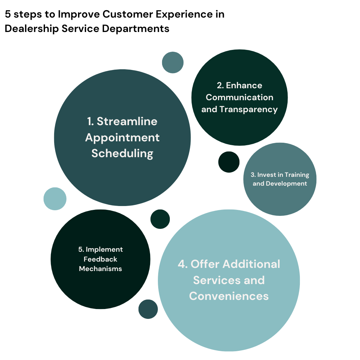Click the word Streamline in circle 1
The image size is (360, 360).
tap(127, 121)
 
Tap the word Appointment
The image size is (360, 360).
tap(122, 138)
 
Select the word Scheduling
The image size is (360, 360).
tap(122, 153)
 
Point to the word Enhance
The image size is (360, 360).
tap(244, 85)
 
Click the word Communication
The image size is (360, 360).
tap(239, 97)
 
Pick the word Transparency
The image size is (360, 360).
tap(249, 110)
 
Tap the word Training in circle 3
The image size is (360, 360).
tap(297, 175)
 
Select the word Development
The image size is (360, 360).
tap(286, 184)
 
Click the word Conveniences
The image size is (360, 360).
tap(229, 296)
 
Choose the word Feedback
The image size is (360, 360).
tap(100, 259)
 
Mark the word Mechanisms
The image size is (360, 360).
tap(100, 269)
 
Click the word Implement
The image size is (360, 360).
tap(104, 250)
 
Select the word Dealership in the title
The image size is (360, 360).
tap(32, 29)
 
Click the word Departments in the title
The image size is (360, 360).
tap(135, 29)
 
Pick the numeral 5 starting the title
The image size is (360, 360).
tap(8, 14)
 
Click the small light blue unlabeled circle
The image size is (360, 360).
tap(55, 199)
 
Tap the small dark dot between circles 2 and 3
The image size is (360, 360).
tap(229, 162)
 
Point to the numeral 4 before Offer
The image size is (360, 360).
tap(182, 264)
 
